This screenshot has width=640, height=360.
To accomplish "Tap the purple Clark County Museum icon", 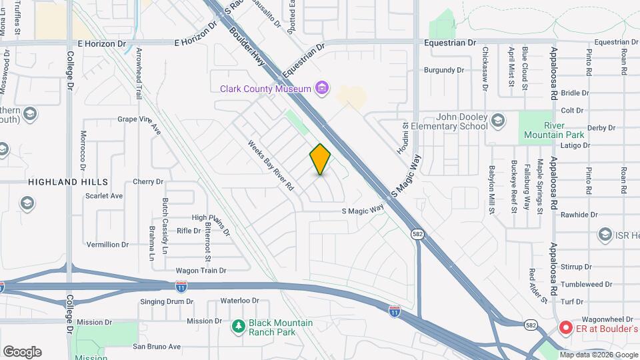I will [322, 88].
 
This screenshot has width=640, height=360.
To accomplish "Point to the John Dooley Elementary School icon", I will [497, 121].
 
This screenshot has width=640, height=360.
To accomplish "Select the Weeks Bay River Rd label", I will [271, 165].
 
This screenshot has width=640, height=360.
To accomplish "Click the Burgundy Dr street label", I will [444, 69].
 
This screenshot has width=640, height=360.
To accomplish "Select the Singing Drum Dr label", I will [167, 301].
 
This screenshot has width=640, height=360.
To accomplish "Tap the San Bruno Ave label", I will [157, 347].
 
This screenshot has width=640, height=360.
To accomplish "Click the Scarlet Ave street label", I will [104, 196].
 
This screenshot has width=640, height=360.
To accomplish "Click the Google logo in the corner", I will [22, 351].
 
